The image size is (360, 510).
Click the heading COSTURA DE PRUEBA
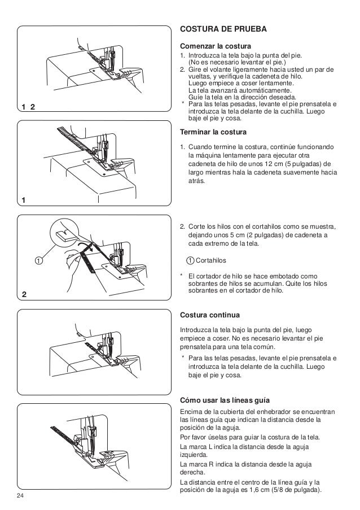click(x=223, y=29)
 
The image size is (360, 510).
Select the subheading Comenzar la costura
click(x=216, y=46)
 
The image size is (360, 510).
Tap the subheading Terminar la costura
click(x=213, y=132)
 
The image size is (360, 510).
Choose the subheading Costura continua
click(x=210, y=315)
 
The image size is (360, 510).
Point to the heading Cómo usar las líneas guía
click(x=225, y=400)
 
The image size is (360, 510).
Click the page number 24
click(x=20, y=496)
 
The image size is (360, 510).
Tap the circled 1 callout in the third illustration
click(x=39, y=260)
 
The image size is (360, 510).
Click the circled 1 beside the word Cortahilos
click(x=191, y=260)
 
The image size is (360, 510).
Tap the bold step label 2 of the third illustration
click(x=24, y=295)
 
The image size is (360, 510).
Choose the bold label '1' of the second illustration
click(x=24, y=200)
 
